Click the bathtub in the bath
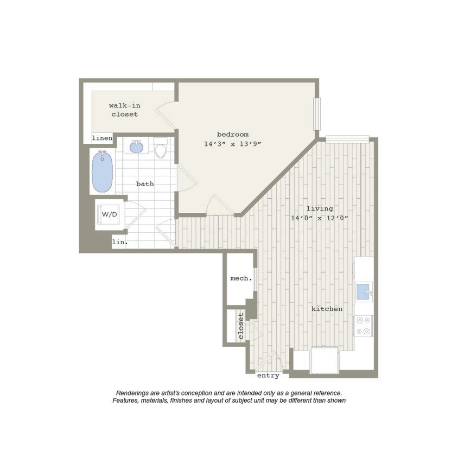[102, 172]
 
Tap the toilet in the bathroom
[161, 148]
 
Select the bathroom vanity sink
[136, 147]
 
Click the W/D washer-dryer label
[109, 214]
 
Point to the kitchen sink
[363, 291]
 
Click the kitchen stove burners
[363, 326]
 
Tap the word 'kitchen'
[327, 309]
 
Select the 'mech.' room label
[241, 278]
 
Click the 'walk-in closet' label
[125, 110]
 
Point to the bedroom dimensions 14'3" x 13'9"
[233, 144]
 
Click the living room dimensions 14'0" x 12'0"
[319, 218]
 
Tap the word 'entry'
[268, 375]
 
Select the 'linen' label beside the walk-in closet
[102, 138]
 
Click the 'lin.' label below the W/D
[120, 242]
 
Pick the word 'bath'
[145, 184]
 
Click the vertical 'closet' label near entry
[241, 326]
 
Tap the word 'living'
[320, 208]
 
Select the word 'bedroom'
[233, 135]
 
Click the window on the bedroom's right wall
[317, 113]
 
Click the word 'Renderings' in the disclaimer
[132, 393]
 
